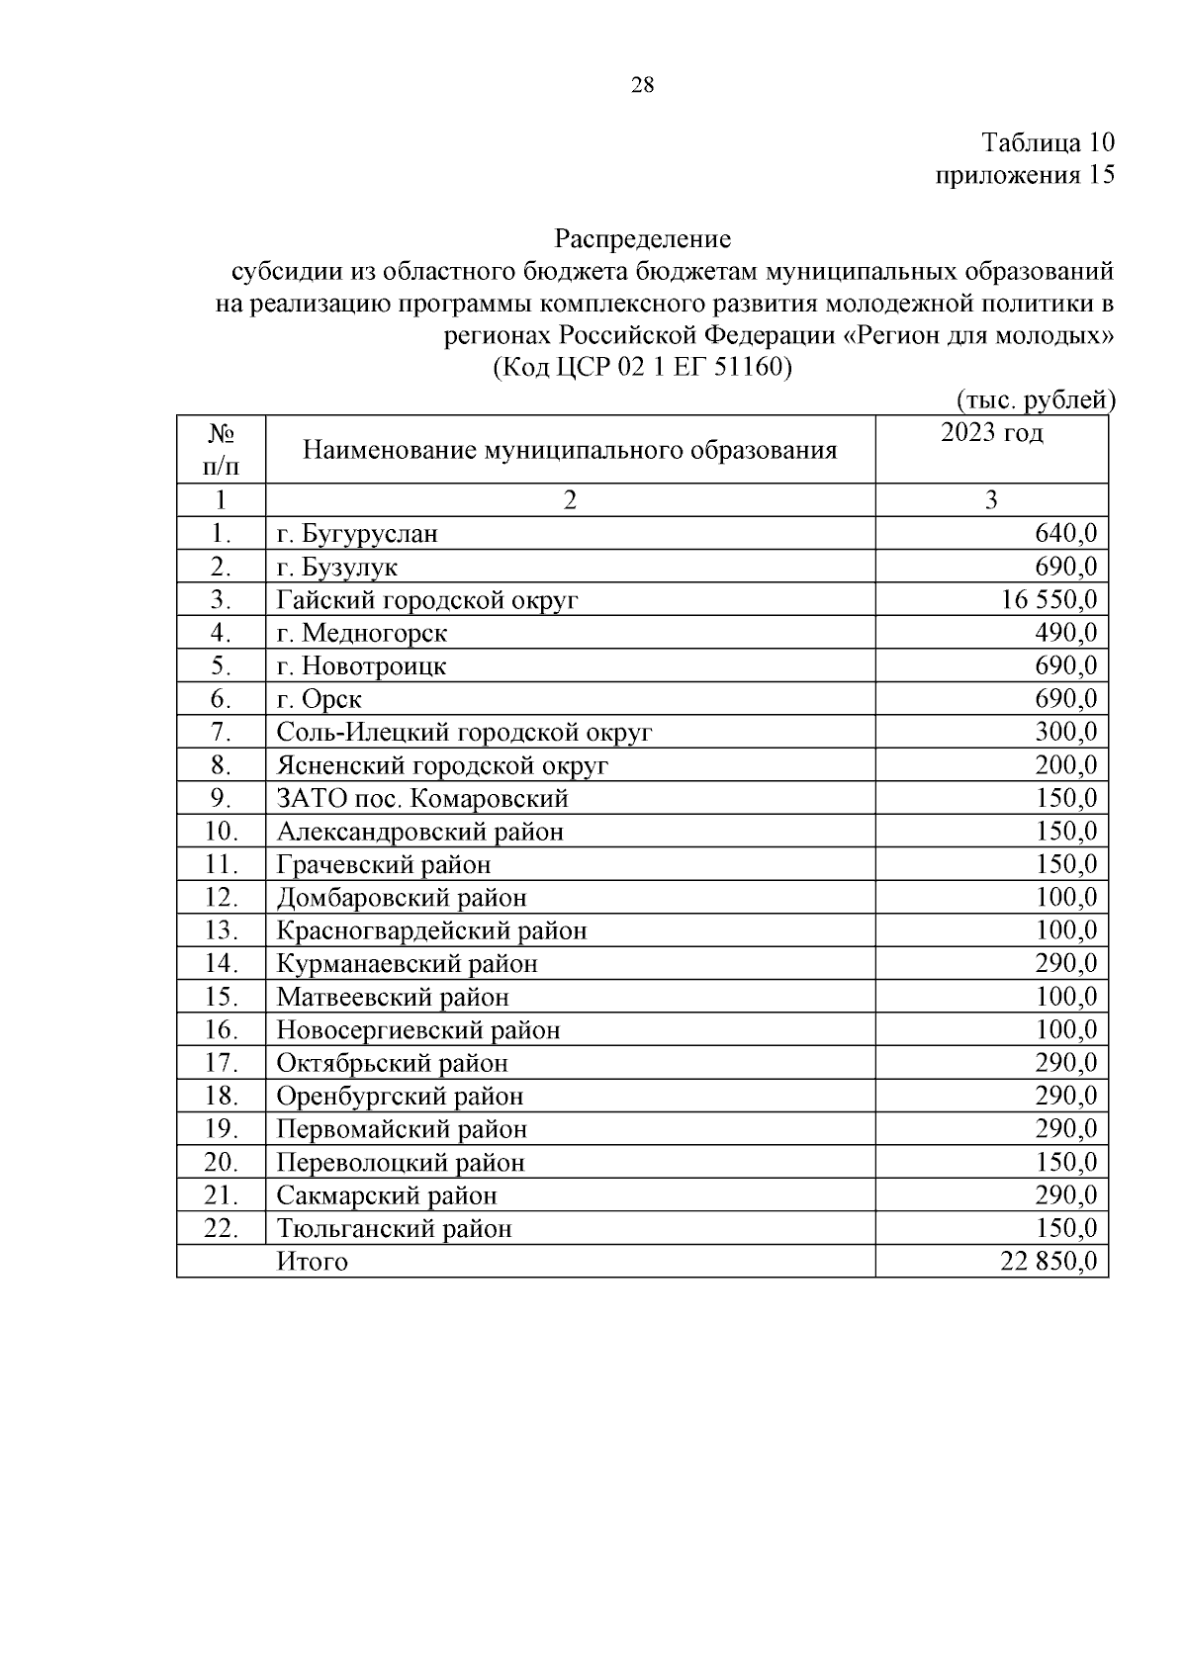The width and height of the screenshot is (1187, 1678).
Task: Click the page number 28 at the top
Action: click(x=642, y=86)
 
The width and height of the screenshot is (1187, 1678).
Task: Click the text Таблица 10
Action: click(x=1048, y=142)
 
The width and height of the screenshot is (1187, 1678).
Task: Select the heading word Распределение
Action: click(x=642, y=238)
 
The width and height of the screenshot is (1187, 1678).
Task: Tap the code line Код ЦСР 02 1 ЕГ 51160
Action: click(x=642, y=368)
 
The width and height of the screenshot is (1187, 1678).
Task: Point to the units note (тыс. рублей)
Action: click(x=1036, y=399)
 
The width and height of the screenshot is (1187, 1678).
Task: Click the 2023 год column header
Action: click(x=991, y=433)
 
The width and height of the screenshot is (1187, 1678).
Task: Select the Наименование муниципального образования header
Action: click(x=570, y=451)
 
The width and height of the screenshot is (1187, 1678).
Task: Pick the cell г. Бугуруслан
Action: click(x=357, y=534)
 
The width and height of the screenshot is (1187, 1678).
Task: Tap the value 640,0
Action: click(x=1065, y=534)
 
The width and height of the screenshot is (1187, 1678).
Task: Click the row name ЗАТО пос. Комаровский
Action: click(x=422, y=799)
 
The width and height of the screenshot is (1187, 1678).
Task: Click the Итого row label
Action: click(x=313, y=1262)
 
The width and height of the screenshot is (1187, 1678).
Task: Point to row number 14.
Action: click(x=221, y=964)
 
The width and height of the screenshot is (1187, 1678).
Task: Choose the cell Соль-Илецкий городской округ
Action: click(x=464, y=733)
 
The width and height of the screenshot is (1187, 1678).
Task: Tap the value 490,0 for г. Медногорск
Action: click(x=1065, y=633)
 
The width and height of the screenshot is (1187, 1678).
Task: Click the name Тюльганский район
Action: click(x=394, y=1229)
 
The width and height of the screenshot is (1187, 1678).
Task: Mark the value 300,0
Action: click(x=1065, y=733)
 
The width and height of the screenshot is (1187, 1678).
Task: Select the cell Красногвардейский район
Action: click(x=431, y=931)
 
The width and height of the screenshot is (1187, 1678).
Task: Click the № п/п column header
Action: click(x=221, y=449)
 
